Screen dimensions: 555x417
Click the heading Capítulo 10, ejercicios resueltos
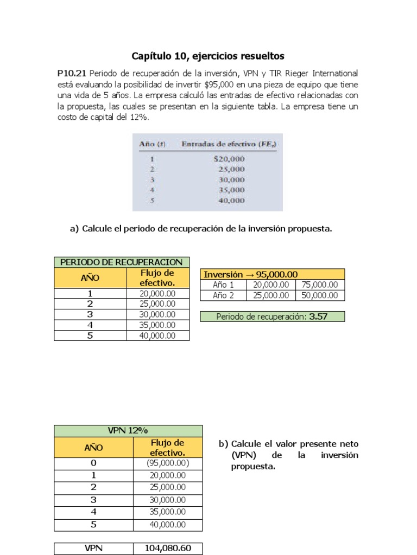coord(208,56)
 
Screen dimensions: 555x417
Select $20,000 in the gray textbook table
coord(229,159)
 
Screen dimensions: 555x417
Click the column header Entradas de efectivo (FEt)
coord(229,144)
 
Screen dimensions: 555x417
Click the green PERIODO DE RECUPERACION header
coord(122,262)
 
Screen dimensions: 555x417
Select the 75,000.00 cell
coord(320,285)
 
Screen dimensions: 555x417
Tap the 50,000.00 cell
coord(320,295)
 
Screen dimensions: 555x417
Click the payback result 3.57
coord(318,317)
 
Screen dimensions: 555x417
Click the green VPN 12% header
coord(128,430)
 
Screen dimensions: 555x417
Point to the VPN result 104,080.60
coord(168,548)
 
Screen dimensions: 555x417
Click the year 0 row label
coord(93,463)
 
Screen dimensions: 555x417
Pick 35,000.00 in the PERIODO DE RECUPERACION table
coord(157,325)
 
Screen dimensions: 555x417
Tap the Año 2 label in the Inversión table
coord(223,295)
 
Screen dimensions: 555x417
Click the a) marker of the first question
coord(74,229)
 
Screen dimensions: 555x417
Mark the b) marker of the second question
coord(223,444)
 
